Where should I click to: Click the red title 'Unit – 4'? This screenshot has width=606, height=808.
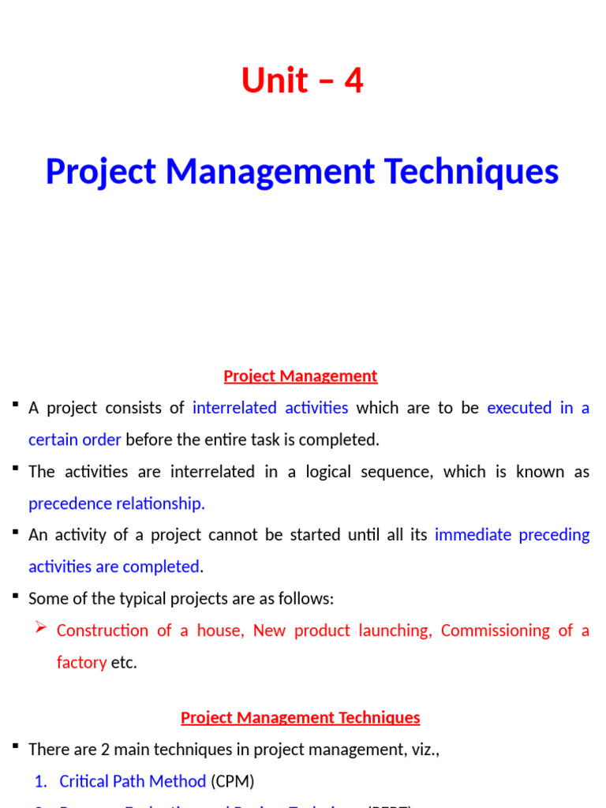(x=302, y=80)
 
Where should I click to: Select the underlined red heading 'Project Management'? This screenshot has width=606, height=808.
(x=301, y=376)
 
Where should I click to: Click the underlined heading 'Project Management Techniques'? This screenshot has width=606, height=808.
(x=301, y=718)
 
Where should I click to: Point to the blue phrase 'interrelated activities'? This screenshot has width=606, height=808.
(x=270, y=408)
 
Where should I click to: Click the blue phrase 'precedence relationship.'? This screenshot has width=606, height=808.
(x=117, y=503)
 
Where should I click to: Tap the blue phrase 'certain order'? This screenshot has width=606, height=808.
(x=74, y=440)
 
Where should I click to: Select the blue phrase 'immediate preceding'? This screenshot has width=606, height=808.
(x=512, y=535)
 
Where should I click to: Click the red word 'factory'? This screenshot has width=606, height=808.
(x=81, y=662)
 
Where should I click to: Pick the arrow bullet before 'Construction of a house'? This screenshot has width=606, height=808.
(x=43, y=630)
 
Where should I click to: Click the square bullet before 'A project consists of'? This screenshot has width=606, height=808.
(x=15, y=406)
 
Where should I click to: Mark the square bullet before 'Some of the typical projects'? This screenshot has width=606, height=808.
(x=15, y=597)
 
